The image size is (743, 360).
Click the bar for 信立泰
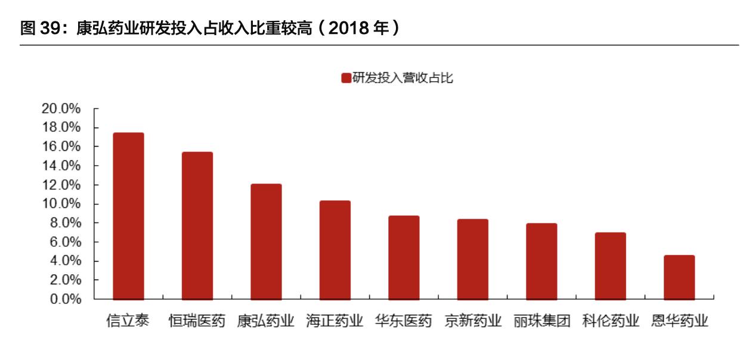[128, 216]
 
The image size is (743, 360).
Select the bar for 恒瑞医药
[197, 225]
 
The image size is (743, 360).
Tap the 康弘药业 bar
[266, 241]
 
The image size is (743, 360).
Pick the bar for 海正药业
[335, 250]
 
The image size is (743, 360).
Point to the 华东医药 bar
[404, 257]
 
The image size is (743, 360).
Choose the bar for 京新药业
[473, 259]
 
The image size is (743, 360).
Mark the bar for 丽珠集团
[541, 261]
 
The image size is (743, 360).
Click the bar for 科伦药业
[611, 266]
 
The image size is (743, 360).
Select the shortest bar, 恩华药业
[679, 277]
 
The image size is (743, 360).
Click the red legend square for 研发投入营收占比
[346, 78]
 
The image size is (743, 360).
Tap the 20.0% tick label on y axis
[61, 108]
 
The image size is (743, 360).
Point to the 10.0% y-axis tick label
[61, 204]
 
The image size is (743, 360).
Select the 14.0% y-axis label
[61, 166]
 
